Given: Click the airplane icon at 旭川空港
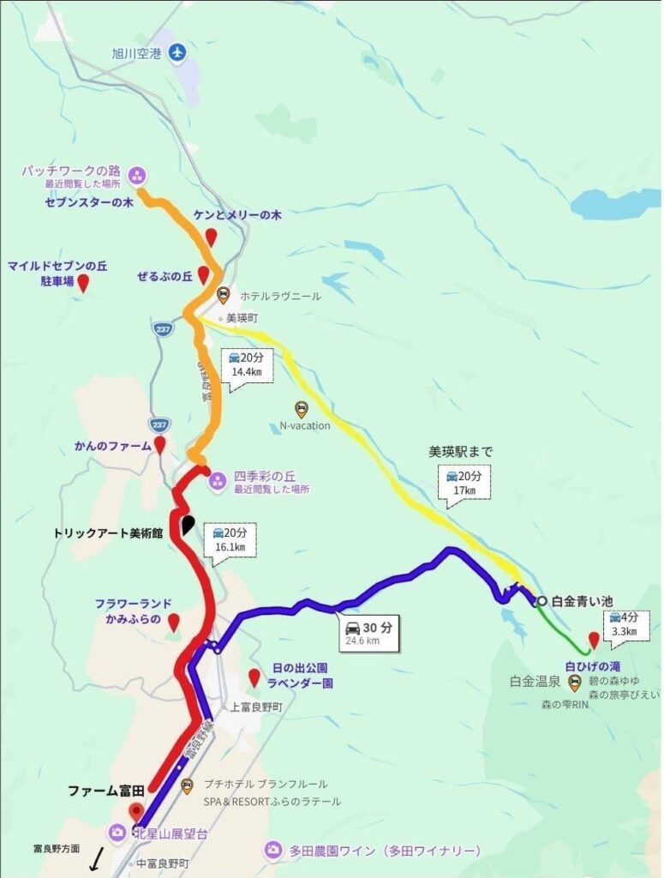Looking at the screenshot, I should click(x=177, y=53).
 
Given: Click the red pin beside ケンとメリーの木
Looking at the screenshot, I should click(x=211, y=238).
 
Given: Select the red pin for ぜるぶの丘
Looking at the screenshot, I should click(x=203, y=275).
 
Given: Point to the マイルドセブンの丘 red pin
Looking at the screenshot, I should click(x=83, y=283).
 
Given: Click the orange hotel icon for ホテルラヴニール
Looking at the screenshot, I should click(x=224, y=296).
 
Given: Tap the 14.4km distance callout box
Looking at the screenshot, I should click(x=247, y=366).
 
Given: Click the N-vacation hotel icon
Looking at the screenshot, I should click(x=301, y=409).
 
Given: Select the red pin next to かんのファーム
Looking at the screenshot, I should click(x=159, y=444).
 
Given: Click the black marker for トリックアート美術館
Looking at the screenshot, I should click(x=188, y=526).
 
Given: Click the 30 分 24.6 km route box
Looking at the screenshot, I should click(x=368, y=633).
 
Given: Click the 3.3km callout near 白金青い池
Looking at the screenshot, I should click(x=625, y=624).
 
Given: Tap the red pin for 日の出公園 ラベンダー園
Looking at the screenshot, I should click(x=254, y=677).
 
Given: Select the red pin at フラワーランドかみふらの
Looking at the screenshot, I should click(x=173, y=622).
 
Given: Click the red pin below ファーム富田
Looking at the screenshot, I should click(x=134, y=812).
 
